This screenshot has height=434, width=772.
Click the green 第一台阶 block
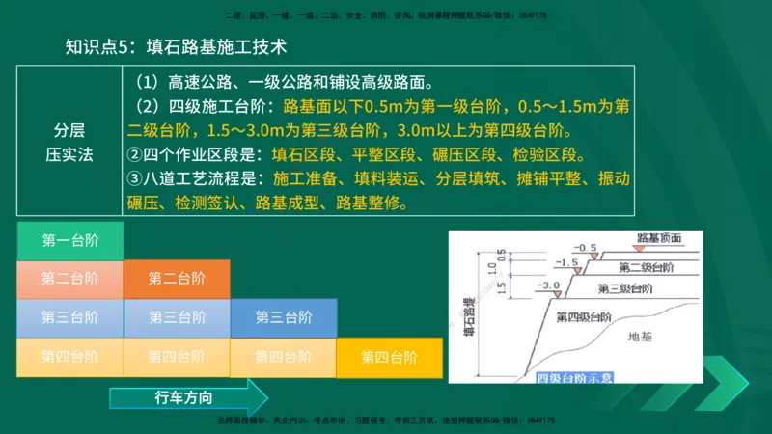click(69, 241)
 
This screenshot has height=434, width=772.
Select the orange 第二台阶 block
click(177, 279)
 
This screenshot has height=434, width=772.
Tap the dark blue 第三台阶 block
click(283, 317)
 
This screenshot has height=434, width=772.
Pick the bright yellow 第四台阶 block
click(389, 357)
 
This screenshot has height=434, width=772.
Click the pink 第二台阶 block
click(69, 279)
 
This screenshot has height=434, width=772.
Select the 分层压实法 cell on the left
click(69, 143)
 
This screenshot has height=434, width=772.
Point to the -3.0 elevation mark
click(549, 286)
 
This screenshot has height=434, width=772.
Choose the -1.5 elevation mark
click(568, 262)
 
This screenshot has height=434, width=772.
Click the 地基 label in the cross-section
click(640, 337)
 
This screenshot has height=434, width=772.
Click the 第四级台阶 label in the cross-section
click(584, 316)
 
